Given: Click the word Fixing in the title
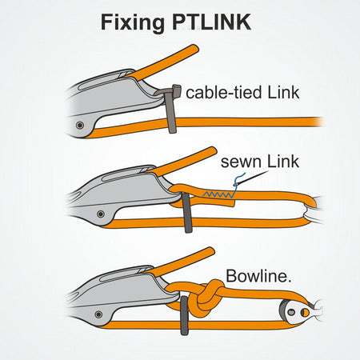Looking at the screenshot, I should (x=130, y=22).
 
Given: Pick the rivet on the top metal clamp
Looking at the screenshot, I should (x=79, y=125).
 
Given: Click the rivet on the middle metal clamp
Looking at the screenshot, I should (x=99, y=214).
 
